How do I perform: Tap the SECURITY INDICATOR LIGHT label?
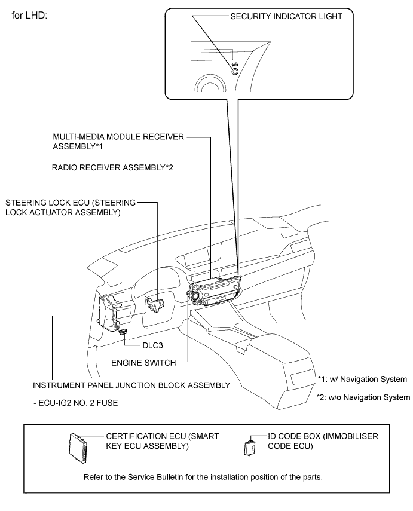pos(286,17)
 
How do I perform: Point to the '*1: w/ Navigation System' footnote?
pos(362,379)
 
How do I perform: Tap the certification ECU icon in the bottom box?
pos(78,444)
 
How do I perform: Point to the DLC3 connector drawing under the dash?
pos(123,331)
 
